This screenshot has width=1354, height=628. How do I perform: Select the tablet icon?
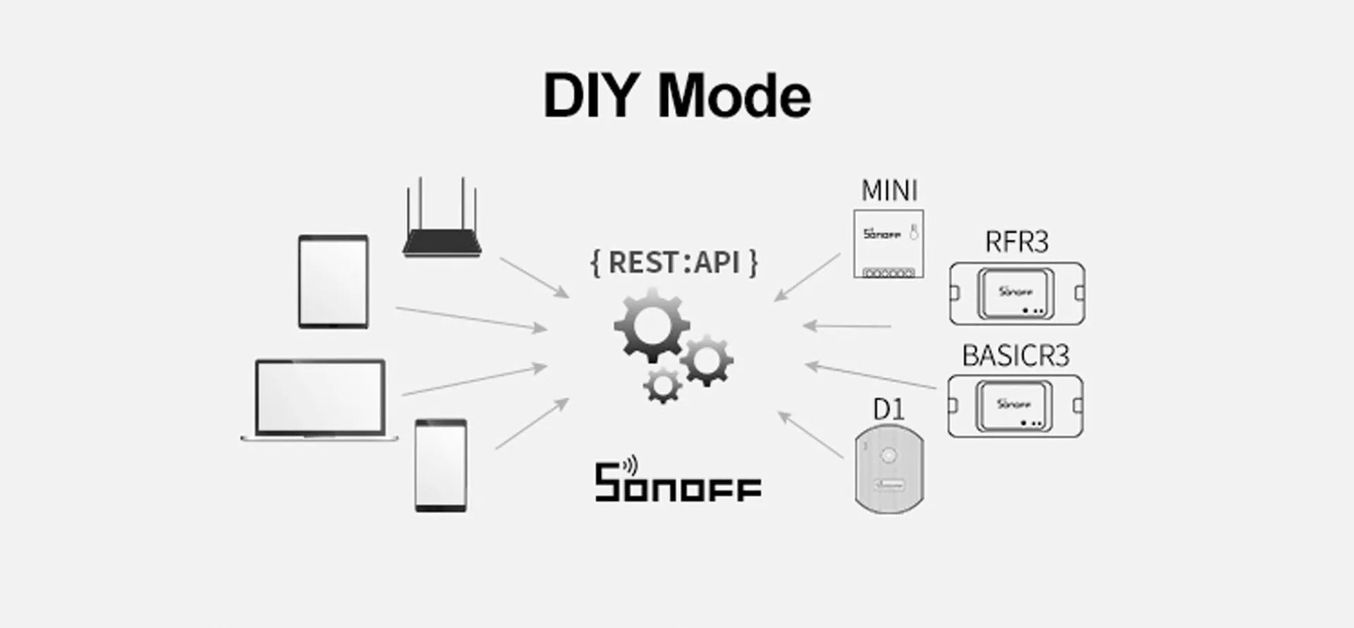point(334,282)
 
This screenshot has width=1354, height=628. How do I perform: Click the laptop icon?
point(320,399)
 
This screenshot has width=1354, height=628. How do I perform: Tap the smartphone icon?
point(441,465)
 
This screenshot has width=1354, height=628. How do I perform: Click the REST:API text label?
point(674,262)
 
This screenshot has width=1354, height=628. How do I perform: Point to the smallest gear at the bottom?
point(663,385)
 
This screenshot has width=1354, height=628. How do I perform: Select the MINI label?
point(889,191)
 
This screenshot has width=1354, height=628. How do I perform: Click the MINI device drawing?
point(889,243)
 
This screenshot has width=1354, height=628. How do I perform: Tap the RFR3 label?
point(1016,242)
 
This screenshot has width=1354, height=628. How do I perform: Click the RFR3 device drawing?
point(1016,294)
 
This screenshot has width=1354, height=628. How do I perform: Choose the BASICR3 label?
point(1015,356)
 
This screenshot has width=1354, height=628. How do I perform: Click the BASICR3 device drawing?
point(1015,406)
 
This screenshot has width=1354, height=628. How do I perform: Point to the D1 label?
point(889,409)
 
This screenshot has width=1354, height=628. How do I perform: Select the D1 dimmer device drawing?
point(889,469)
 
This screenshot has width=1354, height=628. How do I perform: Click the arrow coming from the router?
point(534,277)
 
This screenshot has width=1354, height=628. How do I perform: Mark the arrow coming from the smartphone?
point(532,423)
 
